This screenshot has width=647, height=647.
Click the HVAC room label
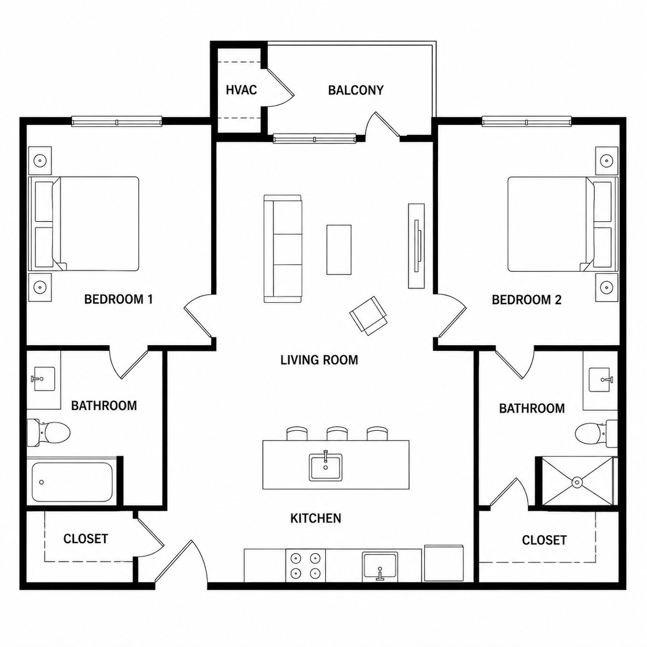pos(241,90)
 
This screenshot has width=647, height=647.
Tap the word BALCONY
pos(355,90)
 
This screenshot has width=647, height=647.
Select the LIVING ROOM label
pos(319,360)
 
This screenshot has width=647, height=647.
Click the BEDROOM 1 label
pos(119,299)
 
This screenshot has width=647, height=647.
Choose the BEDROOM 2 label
pos(526,300)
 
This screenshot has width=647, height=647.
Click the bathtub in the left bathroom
pos(72,482)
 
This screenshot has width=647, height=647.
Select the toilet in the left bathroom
pos(48,433)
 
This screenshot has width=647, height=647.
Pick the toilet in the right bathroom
pos(596,433)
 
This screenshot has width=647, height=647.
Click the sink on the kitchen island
pos(326,467)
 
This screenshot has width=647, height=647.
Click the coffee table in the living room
pos(339,250)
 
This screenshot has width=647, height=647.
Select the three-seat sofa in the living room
pos(283,249)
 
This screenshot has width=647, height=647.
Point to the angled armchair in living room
pos(368,316)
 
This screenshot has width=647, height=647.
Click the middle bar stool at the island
pos(337,433)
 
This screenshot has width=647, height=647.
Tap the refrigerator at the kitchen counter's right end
pos(444,563)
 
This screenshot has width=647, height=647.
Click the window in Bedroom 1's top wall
pos(117,122)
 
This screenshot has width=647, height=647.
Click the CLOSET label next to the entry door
pos(86,539)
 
